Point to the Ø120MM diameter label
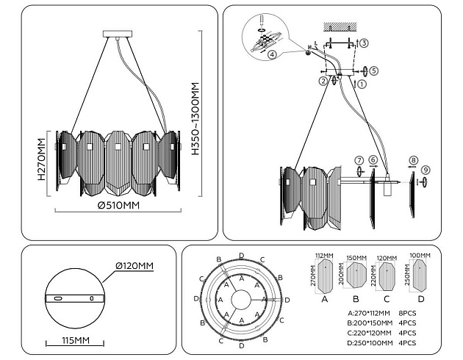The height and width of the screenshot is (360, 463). (134, 265)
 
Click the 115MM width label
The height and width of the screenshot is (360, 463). (73, 341)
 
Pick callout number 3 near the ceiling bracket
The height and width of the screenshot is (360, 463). (364, 43)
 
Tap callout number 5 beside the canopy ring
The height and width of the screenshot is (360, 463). (373, 71)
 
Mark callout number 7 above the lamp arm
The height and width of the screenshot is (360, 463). (358, 159)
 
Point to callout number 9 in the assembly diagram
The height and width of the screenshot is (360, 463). (426, 170)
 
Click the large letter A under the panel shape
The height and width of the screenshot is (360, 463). (325, 299)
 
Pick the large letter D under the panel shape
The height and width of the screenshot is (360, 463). (420, 299)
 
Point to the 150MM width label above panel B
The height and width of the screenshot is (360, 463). (356, 257)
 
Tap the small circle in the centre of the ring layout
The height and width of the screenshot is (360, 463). (242, 299)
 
